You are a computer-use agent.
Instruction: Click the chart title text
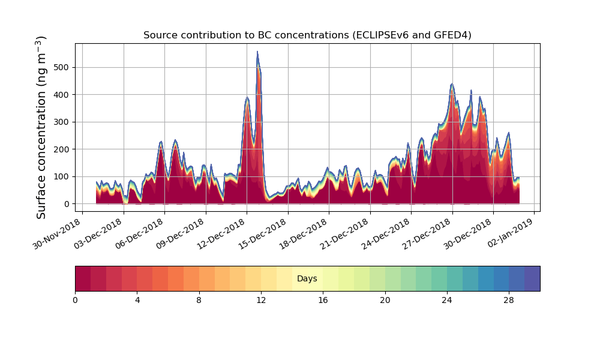(307, 35)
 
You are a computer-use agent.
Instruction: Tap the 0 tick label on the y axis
(67, 204)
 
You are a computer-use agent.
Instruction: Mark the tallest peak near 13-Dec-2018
(257, 52)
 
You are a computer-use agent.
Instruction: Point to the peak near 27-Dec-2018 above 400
(452, 85)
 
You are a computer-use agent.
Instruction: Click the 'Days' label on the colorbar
(307, 278)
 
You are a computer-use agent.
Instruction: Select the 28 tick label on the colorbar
(509, 300)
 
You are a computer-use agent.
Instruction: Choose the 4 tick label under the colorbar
(137, 300)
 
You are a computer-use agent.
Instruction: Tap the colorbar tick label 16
(323, 300)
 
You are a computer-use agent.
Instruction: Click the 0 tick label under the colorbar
(75, 300)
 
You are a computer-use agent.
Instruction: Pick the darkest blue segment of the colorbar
(532, 278)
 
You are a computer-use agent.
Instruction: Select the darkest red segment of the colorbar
(83, 278)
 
